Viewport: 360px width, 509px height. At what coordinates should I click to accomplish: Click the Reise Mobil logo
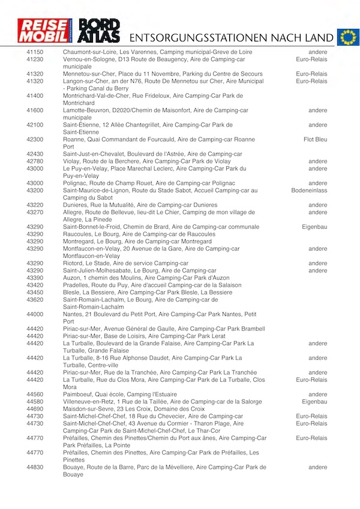click(44, 31)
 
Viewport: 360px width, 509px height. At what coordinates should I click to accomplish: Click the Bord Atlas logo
click(100, 31)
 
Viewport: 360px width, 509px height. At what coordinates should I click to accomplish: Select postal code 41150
click(35, 52)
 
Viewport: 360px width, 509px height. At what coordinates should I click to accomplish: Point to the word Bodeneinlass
click(310, 190)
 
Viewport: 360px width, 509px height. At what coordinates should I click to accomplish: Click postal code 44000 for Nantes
click(35, 315)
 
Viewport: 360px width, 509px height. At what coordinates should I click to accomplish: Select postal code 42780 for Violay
click(35, 161)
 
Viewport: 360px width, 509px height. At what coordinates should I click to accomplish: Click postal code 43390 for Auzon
click(35, 278)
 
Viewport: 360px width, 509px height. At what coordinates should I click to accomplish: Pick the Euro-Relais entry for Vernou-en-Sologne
click(311, 59)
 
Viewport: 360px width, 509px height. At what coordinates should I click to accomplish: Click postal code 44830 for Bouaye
click(35, 467)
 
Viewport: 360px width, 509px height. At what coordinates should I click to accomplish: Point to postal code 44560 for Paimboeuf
click(35, 394)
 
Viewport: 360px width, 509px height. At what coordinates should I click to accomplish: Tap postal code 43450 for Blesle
click(35, 292)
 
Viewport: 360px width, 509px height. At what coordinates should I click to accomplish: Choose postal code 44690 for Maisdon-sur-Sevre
click(35, 409)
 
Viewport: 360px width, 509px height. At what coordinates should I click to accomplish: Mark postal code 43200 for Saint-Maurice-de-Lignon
click(35, 190)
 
